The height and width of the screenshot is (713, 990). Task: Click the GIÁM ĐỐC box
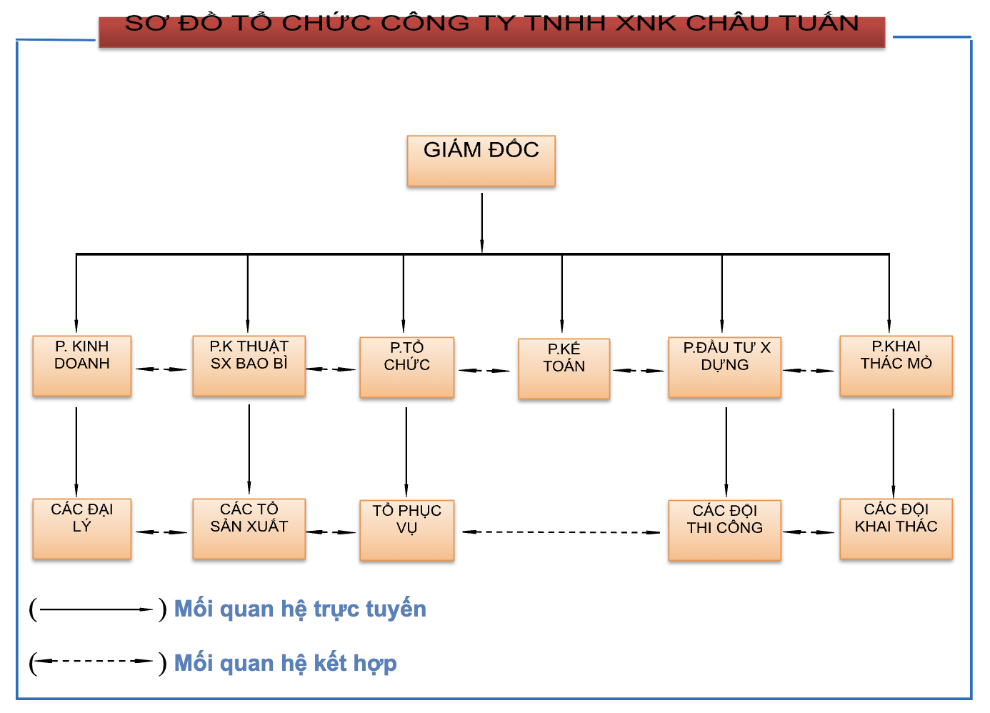coord(481,161)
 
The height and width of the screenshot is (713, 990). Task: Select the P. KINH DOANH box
coord(81,366)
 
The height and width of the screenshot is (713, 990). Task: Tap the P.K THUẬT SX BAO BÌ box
coord(249,366)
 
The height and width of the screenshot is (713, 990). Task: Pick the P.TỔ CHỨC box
coord(406,367)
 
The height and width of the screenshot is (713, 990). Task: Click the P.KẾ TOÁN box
coord(564,369)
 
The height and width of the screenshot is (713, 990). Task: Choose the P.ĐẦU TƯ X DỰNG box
coord(725,367)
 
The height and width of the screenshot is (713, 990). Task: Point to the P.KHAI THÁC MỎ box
coord(896,366)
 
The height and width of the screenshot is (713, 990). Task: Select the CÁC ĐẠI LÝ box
coord(81,529)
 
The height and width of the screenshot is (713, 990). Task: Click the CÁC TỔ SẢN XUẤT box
coord(249,529)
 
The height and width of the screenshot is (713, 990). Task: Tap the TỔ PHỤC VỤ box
coord(406,530)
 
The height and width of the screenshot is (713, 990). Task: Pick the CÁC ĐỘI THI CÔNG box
coord(725,530)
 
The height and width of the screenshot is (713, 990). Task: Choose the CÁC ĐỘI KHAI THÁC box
coord(896,529)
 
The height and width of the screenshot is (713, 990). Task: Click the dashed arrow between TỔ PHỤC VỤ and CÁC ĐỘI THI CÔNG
coord(561,532)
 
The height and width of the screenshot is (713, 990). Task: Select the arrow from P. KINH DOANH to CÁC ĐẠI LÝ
coord(76,452)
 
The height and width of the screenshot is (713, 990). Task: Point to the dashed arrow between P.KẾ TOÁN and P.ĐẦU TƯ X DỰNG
coord(639,370)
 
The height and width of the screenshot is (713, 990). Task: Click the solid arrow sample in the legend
coord(96,609)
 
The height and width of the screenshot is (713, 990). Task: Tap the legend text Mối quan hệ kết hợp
coord(286,663)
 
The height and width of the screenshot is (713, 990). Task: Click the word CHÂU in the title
coord(727,22)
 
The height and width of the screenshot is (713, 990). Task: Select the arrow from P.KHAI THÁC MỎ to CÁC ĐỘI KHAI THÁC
coord(893,453)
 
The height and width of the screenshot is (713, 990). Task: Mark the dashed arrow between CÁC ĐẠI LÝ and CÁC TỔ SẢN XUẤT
coord(161,532)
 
